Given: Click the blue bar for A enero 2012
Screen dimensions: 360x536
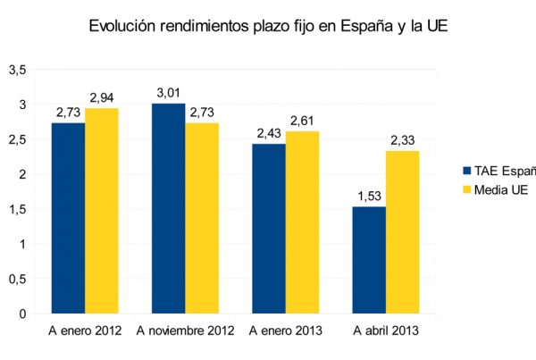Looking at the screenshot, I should click(68, 218).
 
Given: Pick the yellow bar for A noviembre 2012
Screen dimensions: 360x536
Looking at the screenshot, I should click(201, 218).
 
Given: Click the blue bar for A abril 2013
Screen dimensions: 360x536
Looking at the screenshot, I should click(369, 260).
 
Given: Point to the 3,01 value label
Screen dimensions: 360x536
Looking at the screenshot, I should click(168, 94).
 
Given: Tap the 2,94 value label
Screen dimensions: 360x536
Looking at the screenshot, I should click(101, 98).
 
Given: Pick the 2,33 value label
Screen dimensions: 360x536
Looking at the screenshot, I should click(402, 141).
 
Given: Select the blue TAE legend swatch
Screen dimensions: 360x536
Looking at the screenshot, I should click(466, 171).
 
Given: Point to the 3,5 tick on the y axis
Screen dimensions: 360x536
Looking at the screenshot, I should click(18, 70).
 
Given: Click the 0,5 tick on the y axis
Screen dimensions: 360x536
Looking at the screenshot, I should click(18, 279).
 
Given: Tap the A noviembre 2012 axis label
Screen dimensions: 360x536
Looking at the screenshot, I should click(185, 331).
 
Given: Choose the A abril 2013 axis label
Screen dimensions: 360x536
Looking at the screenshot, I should click(386, 331).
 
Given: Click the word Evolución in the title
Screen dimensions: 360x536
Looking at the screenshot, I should click(125, 27).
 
